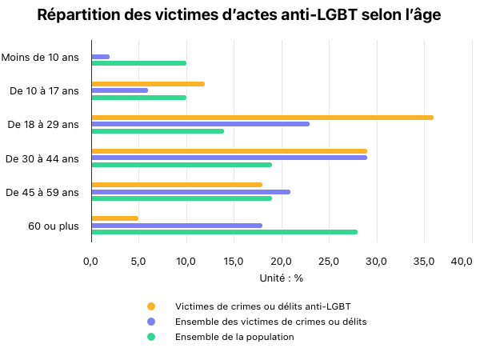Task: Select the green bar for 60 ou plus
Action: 224,232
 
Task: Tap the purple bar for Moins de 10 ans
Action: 101,57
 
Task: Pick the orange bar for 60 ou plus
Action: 115,218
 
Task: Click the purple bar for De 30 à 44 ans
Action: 229,158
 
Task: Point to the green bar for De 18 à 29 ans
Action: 158,130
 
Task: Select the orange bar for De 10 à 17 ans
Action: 148,84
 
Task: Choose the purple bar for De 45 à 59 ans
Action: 190,191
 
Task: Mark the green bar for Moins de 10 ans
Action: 139,63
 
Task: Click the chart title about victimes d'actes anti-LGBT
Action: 239,15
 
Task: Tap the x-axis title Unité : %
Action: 282,278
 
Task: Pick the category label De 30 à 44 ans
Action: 42,158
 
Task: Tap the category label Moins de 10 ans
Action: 40,57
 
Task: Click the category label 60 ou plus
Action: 54,226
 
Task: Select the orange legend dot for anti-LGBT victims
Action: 150,306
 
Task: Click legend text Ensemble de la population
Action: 234,337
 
